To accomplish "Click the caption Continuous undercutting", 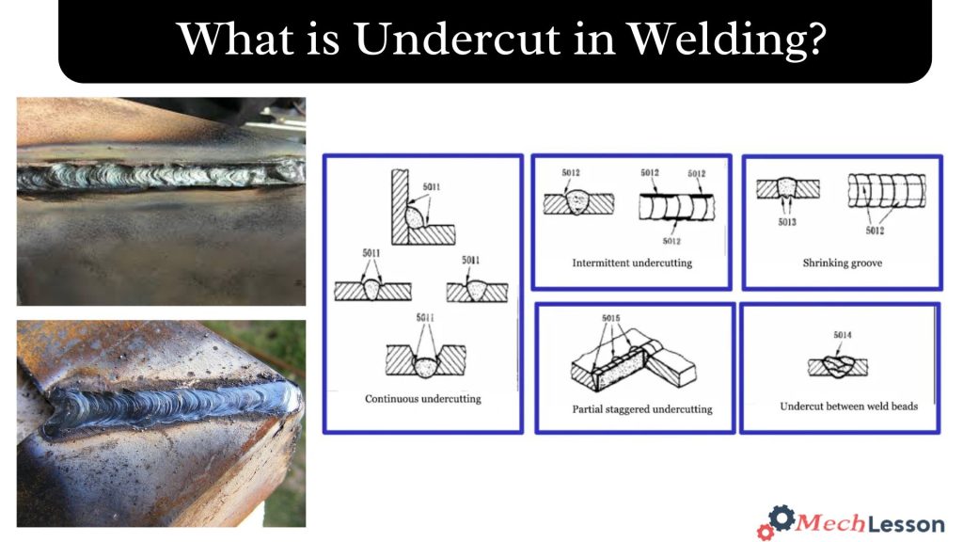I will click(x=422, y=399).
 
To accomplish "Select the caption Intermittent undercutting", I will click(x=631, y=263).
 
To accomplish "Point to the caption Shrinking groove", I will click(x=842, y=263).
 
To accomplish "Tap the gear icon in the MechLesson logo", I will click(x=778, y=520).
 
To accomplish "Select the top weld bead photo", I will click(x=161, y=200).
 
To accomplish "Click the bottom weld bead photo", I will click(x=161, y=422).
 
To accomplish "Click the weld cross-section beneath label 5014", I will click(x=835, y=364).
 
